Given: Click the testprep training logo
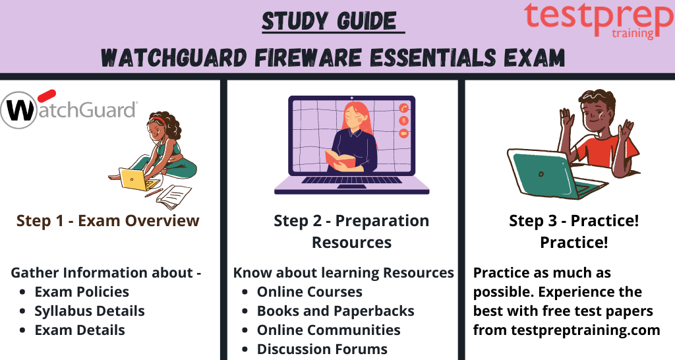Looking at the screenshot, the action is [599, 20].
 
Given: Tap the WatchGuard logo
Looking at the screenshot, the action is [69, 109].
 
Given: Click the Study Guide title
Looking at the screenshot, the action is [330, 21].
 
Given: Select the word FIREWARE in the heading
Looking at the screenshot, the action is [308, 57].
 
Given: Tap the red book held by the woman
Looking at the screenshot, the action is [340, 159].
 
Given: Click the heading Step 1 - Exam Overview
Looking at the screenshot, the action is [107, 220].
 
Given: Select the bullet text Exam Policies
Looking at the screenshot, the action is [82, 292].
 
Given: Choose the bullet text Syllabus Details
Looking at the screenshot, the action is [90, 311].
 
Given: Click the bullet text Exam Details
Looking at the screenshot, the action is [80, 330].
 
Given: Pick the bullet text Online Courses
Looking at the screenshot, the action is [310, 292].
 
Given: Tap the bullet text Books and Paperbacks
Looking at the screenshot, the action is [336, 311].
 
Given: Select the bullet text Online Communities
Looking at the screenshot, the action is [328, 330].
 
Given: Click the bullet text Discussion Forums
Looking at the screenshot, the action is [322, 349].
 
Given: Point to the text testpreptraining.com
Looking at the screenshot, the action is [585, 330].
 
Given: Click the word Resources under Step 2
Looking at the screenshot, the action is [352, 243].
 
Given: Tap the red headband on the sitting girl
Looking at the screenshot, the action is [160, 120].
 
